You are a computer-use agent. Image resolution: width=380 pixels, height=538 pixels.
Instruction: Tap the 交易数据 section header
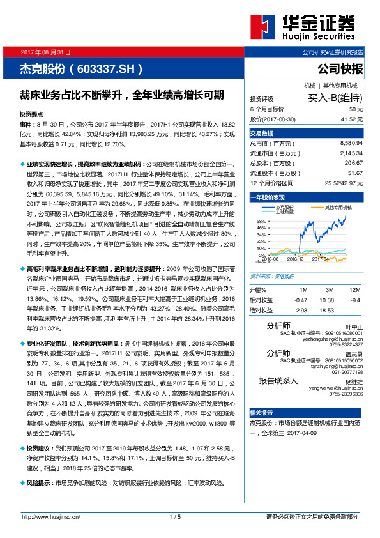pyautogui.click(x=261, y=134)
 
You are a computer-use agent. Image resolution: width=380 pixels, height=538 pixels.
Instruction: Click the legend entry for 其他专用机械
pyautogui.click(x=338, y=207)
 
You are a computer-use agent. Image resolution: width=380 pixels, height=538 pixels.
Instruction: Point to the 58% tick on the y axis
pyautogui.click(x=260, y=221)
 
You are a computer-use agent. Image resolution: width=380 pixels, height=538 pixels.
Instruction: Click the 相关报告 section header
pyautogui.click(x=261, y=413)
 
